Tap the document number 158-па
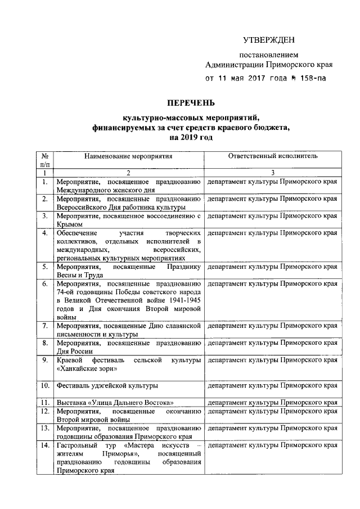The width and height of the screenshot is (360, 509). [x=309, y=79]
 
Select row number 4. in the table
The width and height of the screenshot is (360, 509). [x=45, y=233]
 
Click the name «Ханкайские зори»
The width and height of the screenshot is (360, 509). [x=87, y=369]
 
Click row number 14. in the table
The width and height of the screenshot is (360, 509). [x=45, y=445]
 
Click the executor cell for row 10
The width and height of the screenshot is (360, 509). [x=273, y=386]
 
